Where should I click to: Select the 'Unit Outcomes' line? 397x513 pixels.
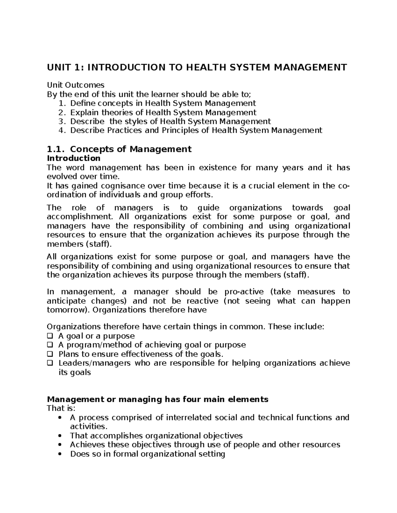pos(76,85)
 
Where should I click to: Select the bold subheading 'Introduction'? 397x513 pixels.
pos(73,158)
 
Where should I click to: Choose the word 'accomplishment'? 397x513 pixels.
pos(79,217)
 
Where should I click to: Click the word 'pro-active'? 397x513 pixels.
pos(244,292)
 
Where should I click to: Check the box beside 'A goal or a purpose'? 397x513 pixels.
pos(50,336)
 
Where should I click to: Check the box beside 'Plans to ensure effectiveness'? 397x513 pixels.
pos(50,354)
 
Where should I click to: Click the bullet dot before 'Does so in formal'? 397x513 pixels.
pos(60,454)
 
